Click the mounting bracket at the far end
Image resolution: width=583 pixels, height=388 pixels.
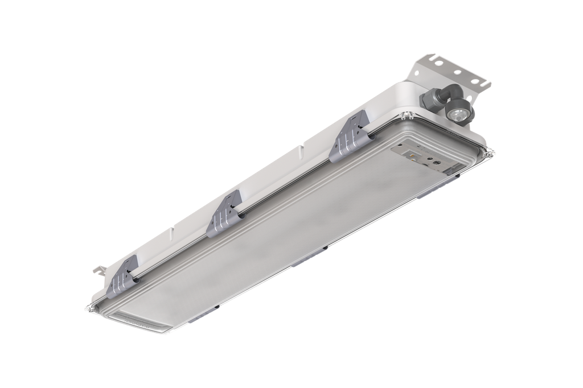pyautogui.click(x=450, y=71)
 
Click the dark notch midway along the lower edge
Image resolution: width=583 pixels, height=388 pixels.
pyautogui.click(x=324, y=249)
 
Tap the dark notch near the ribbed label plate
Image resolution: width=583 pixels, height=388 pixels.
pyautogui.click(x=217, y=307)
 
